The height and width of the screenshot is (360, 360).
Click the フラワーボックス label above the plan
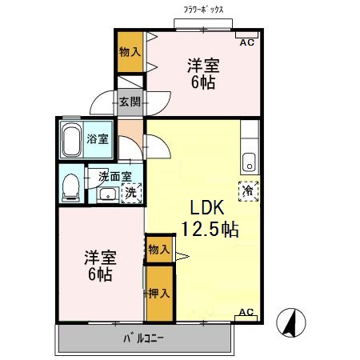click(203, 10)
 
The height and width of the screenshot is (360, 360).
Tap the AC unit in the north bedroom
click(247, 35)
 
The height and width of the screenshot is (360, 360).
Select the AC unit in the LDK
click(246, 318)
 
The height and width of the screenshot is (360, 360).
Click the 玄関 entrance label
click(130, 102)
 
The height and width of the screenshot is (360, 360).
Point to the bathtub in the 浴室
click(71, 139)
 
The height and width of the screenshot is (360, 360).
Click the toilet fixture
click(70, 188)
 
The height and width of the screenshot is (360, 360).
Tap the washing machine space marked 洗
click(131, 193)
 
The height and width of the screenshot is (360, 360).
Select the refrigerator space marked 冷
click(249, 191)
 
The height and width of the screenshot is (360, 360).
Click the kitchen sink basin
click(250, 162)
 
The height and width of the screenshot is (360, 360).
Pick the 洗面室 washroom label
click(115, 176)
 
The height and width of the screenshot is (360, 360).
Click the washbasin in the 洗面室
click(108, 194)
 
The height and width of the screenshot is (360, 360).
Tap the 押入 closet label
click(159, 294)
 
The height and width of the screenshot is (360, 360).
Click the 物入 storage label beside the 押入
click(159, 250)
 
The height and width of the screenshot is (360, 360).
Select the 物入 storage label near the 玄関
click(130, 51)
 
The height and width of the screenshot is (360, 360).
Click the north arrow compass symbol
click(291, 322)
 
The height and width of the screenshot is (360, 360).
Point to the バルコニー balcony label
click(143, 338)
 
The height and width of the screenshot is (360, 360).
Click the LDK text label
click(207, 208)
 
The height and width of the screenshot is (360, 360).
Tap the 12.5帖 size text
click(210, 229)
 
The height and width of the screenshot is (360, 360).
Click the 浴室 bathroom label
click(98, 139)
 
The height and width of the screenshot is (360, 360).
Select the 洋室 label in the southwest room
click(101, 258)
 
